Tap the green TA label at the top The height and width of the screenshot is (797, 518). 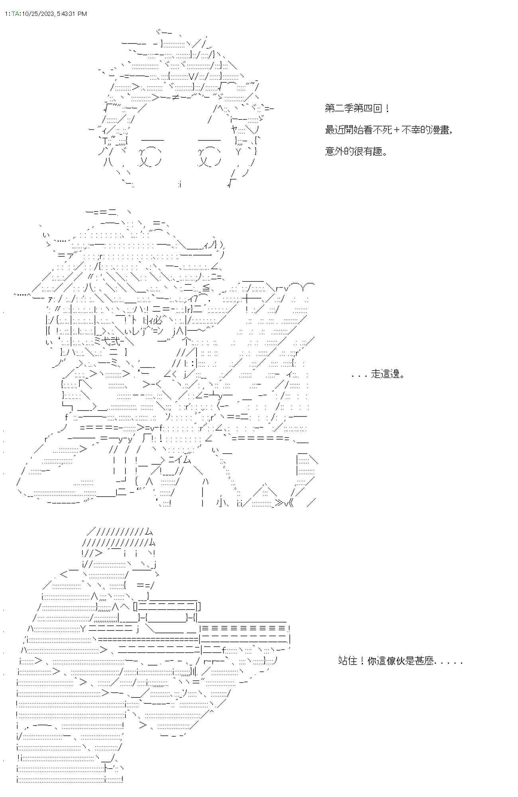[x=15, y=14]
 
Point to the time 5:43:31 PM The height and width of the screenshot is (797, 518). [x=72, y=14]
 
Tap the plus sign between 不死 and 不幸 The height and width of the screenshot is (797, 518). [x=398, y=130]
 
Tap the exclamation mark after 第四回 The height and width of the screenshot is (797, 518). [x=388, y=108]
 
